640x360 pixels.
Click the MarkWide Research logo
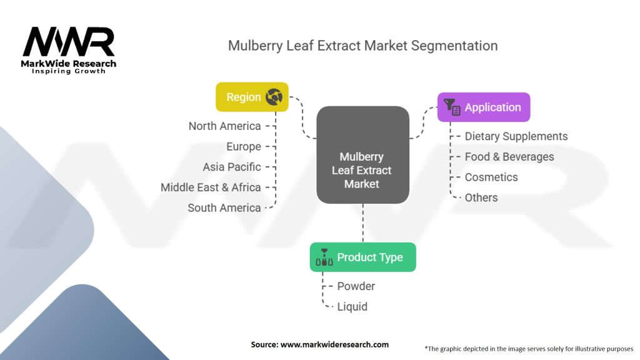[x=69, y=49]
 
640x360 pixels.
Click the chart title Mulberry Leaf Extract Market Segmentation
[x=362, y=46]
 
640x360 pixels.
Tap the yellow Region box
[x=252, y=97]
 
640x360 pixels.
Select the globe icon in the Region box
[x=274, y=97]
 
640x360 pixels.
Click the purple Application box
[x=484, y=107]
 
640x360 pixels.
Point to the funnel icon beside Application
[x=451, y=107]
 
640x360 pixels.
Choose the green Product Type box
[x=362, y=257]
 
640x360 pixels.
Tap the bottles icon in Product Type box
[x=324, y=257]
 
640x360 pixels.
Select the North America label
[x=225, y=126]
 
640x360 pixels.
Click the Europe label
[x=244, y=147]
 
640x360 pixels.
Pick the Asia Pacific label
[x=232, y=167]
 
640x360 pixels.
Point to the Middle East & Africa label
[x=211, y=187]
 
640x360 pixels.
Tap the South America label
[x=224, y=208]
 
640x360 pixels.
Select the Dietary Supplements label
[x=516, y=136]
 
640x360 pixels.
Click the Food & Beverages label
[x=509, y=157]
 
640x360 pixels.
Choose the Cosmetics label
[x=491, y=177]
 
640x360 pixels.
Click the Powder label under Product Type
[x=356, y=286]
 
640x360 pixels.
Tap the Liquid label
[x=352, y=307]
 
